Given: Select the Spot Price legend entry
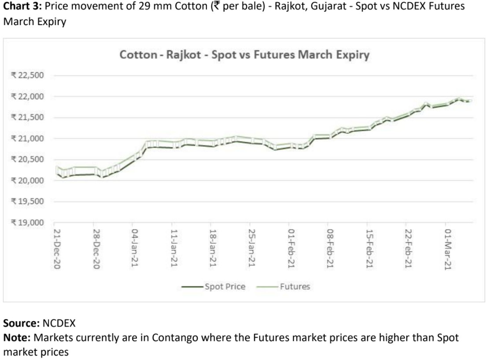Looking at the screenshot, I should (224, 287).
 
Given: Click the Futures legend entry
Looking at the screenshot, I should (297, 287).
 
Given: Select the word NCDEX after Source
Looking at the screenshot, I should (59, 324).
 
